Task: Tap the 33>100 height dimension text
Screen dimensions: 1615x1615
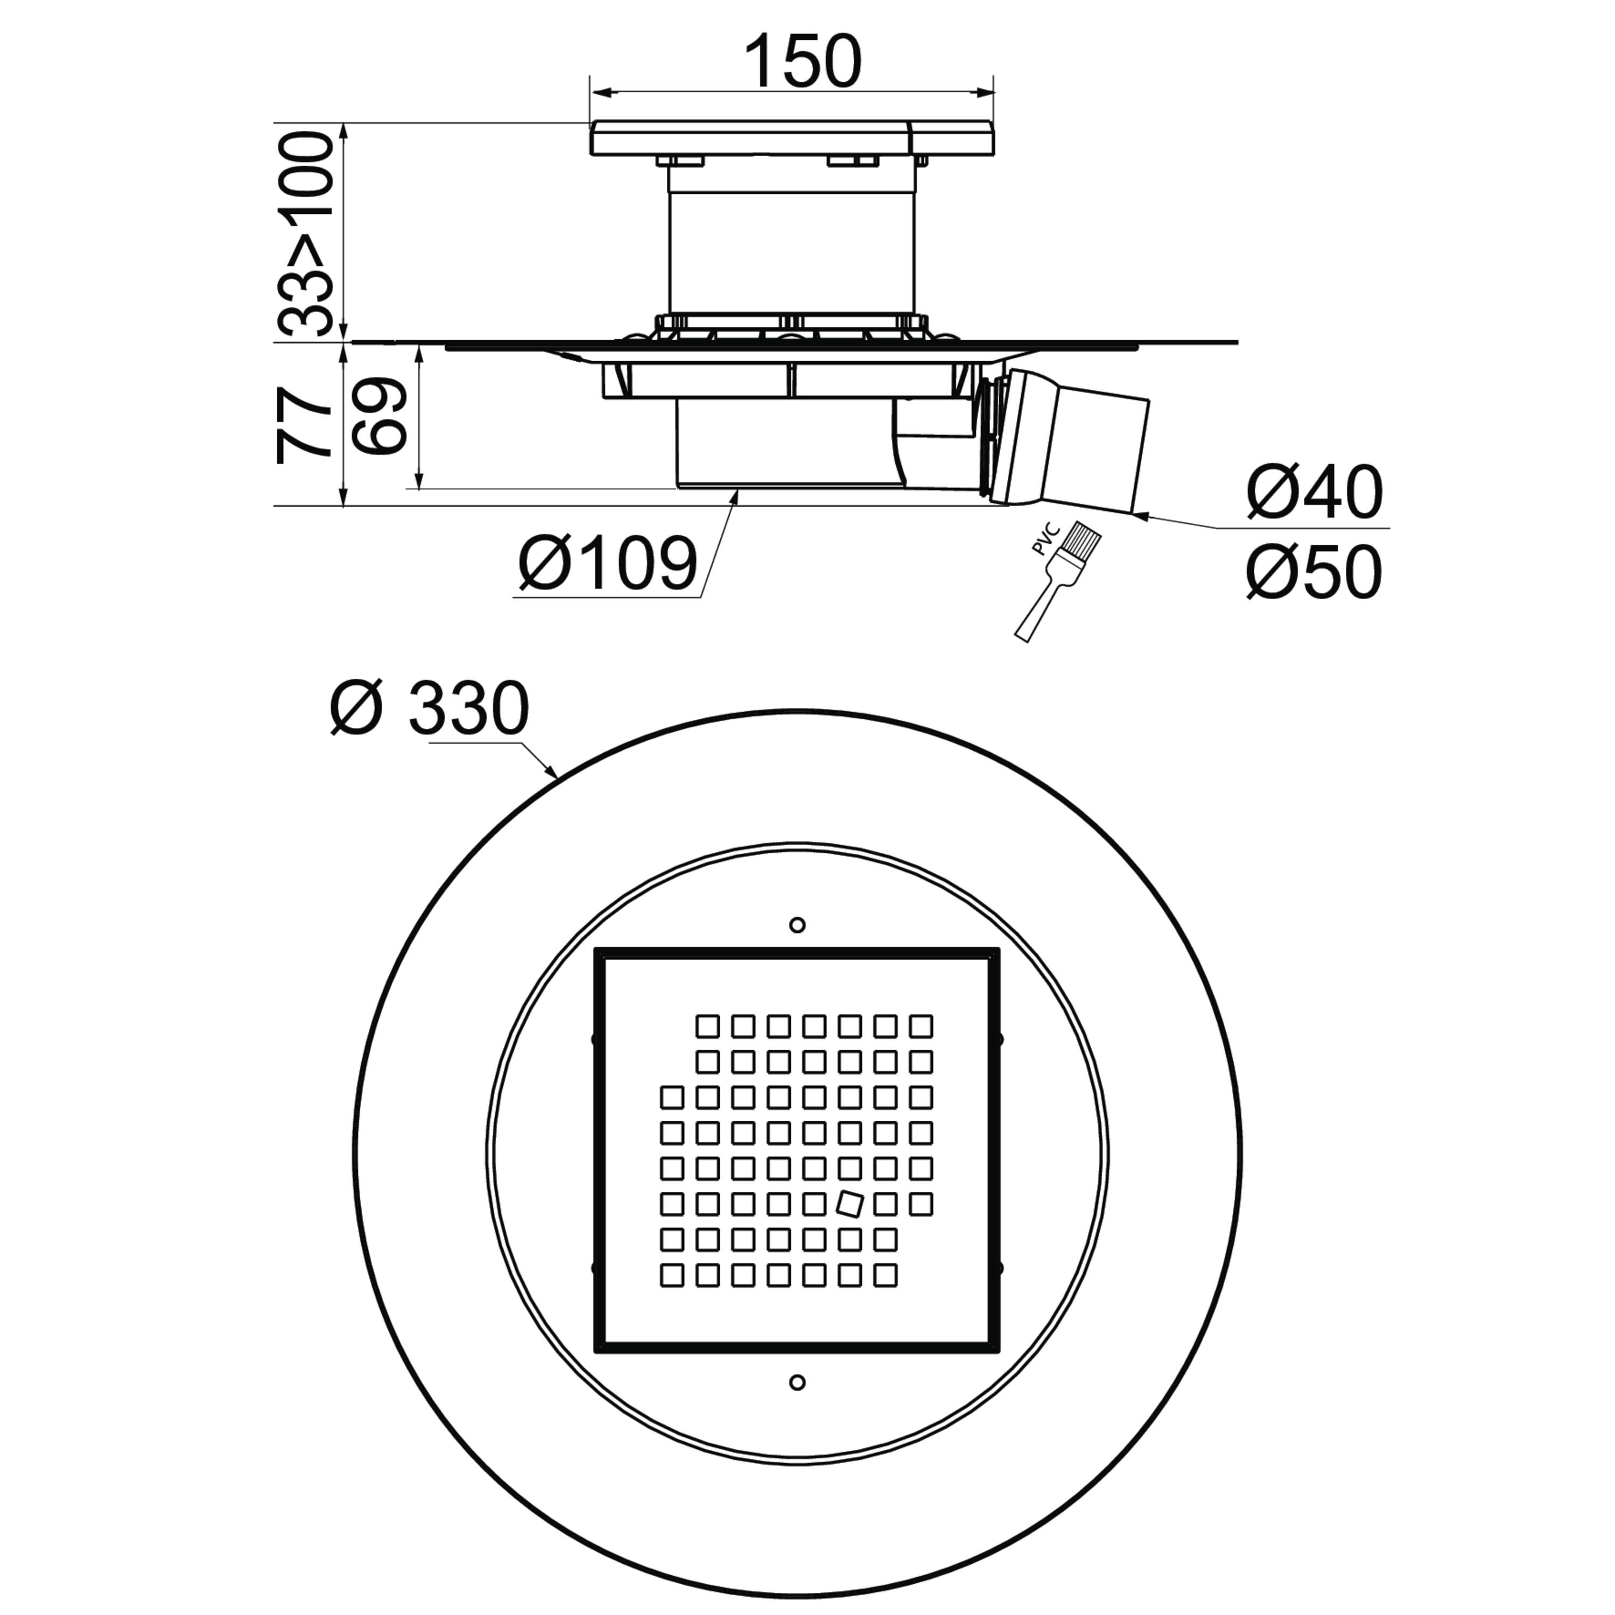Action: (305, 234)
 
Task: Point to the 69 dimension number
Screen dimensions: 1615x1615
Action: (378, 416)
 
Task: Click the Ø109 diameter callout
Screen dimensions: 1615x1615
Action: (608, 564)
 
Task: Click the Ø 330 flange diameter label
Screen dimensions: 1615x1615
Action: (430, 707)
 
